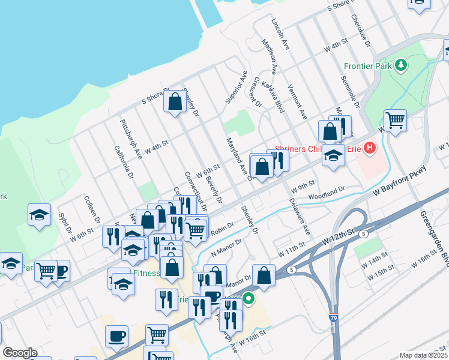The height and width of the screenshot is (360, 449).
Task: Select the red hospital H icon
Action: pos(370,148)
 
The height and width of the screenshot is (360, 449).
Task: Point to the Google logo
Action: pos(19,353)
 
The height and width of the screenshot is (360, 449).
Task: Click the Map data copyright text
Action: pos(424,355)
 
